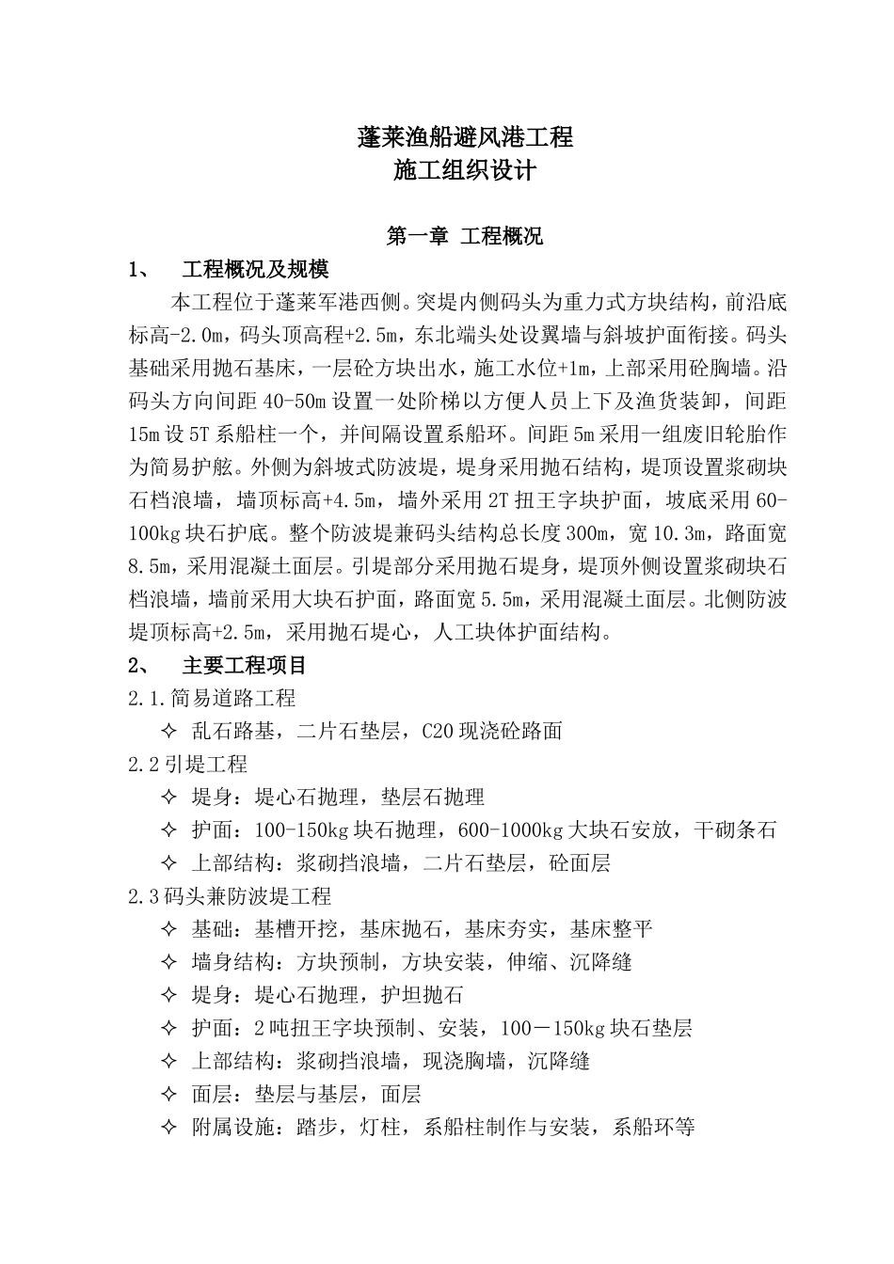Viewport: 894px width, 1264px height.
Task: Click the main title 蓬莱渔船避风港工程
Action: click(x=465, y=137)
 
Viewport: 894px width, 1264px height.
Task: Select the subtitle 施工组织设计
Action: click(x=465, y=171)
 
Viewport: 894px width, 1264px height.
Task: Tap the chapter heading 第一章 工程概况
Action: click(x=465, y=236)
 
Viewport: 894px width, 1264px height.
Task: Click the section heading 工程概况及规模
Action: click(x=255, y=270)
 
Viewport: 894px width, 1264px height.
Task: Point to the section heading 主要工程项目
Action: click(x=244, y=665)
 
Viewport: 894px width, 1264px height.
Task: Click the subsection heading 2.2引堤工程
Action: click(x=187, y=764)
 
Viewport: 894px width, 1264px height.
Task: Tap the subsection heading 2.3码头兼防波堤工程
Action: click(x=230, y=896)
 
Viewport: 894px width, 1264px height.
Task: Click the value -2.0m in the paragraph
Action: click(x=201, y=336)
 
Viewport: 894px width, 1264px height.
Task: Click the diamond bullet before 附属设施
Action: click(x=169, y=1127)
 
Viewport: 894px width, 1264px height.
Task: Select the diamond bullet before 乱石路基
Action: click(x=169, y=731)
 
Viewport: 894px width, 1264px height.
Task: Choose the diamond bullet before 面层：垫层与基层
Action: click(x=169, y=1094)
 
